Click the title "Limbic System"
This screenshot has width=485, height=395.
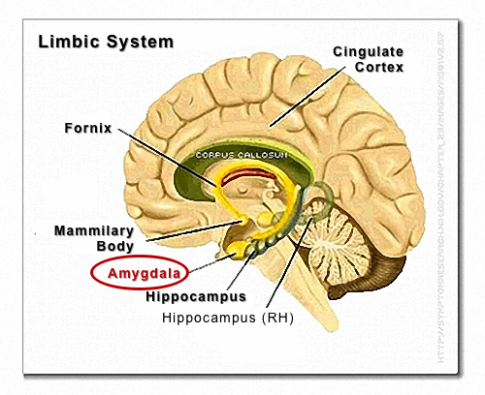(x=105, y=43)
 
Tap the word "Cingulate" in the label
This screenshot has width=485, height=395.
(x=370, y=50)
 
